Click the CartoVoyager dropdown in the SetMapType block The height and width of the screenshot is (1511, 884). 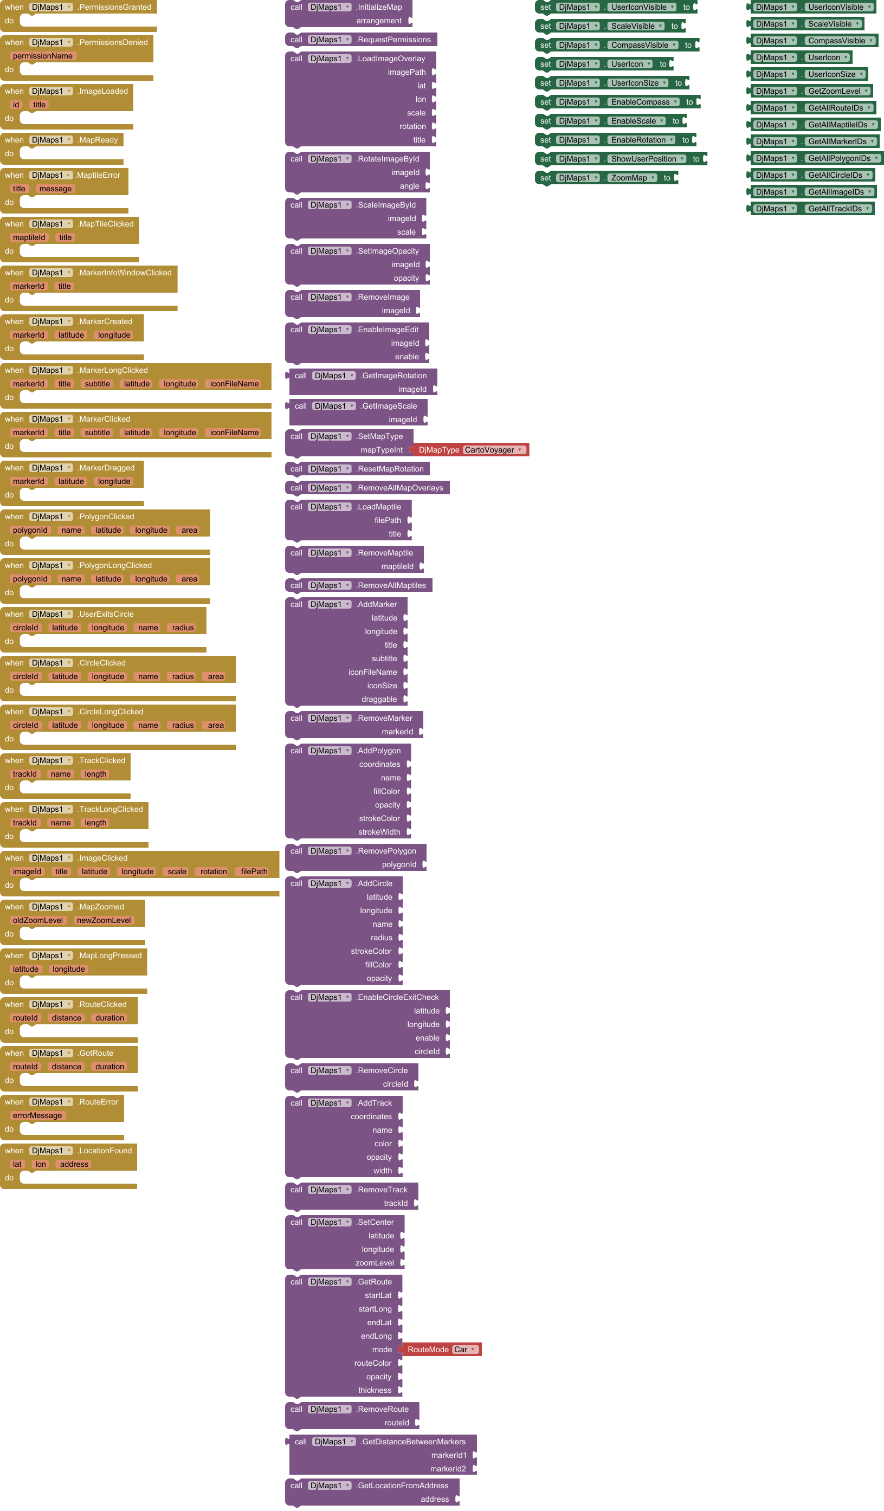[494, 450]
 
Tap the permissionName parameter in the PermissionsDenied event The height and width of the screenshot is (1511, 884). [43, 56]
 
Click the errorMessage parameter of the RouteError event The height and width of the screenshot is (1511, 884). [37, 1115]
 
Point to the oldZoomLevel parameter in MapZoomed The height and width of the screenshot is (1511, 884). [38, 920]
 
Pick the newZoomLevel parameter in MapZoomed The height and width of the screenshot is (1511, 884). [104, 920]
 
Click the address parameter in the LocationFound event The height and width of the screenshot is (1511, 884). [74, 1164]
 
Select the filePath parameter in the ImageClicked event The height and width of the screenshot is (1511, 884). [254, 872]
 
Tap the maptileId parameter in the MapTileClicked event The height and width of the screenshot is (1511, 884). [29, 237]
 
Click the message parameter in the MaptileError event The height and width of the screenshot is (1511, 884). [55, 189]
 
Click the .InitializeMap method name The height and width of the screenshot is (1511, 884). [379, 7]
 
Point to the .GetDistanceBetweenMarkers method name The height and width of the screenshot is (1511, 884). [413, 1442]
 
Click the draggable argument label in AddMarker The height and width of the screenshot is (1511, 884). [379, 699]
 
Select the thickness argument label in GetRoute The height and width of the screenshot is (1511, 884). [375, 1391]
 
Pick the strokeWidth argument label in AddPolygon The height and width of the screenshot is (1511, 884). [379, 832]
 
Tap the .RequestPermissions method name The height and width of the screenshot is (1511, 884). [393, 40]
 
